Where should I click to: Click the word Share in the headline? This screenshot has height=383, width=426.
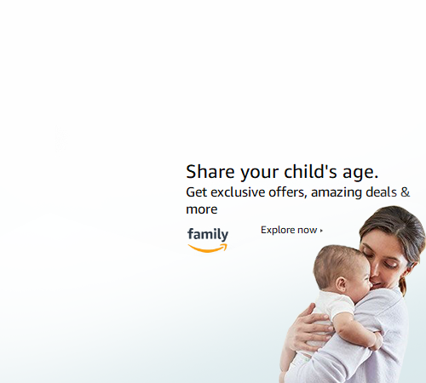(x=210, y=172)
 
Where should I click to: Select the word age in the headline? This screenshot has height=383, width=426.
(x=360, y=173)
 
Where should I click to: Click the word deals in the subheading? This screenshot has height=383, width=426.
(x=382, y=192)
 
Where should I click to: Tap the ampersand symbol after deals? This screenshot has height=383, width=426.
(x=406, y=192)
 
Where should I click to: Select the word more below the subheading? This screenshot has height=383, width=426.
(x=202, y=210)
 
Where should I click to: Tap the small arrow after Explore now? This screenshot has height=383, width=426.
(x=321, y=231)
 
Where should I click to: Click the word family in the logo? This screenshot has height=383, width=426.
(x=208, y=235)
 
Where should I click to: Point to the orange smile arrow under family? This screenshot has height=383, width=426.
(x=208, y=249)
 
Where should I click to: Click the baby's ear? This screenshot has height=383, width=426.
(x=341, y=284)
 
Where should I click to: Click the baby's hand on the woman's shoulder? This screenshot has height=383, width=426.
(x=377, y=341)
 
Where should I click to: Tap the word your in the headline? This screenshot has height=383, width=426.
(x=259, y=173)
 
